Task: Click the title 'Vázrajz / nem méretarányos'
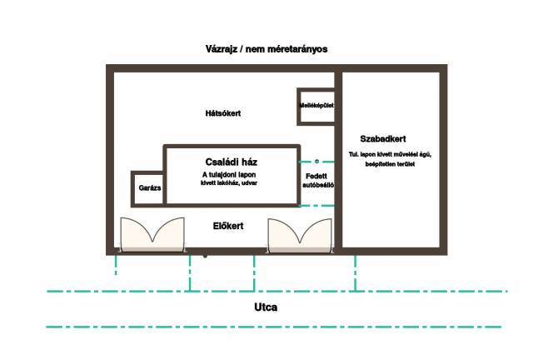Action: pyautogui.click(x=266, y=49)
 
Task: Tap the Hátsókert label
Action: pyautogui.click(x=223, y=113)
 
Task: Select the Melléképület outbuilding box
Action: pyautogui.click(x=316, y=107)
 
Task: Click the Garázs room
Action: pyautogui.click(x=148, y=189)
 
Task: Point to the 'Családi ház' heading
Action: pyautogui.click(x=232, y=162)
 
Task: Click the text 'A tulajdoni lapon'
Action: pyautogui.click(x=229, y=175)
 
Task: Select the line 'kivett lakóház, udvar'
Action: pyautogui.click(x=229, y=183)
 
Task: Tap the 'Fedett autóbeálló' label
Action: pyautogui.click(x=318, y=181)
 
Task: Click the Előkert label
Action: pyautogui.click(x=228, y=226)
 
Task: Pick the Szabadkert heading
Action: pyautogui.click(x=383, y=139)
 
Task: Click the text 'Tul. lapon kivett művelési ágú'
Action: pyautogui.click(x=390, y=154)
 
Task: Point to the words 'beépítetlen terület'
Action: pyautogui.click(x=390, y=164)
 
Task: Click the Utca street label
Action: pyautogui.click(x=266, y=307)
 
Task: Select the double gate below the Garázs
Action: pyautogui.click(x=152, y=235)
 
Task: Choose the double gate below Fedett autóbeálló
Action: pyautogui.click(x=300, y=236)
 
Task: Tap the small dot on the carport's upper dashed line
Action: pyautogui.click(x=316, y=162)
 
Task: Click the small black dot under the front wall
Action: pyautogui.click(x=205, y=256)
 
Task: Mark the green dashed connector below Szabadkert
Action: pyautogui.click(x=356, y=272)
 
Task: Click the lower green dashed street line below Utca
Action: pyautogui.click(x=274, y=327)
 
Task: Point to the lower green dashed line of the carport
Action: pyautogui.click(x=317, y=206)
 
